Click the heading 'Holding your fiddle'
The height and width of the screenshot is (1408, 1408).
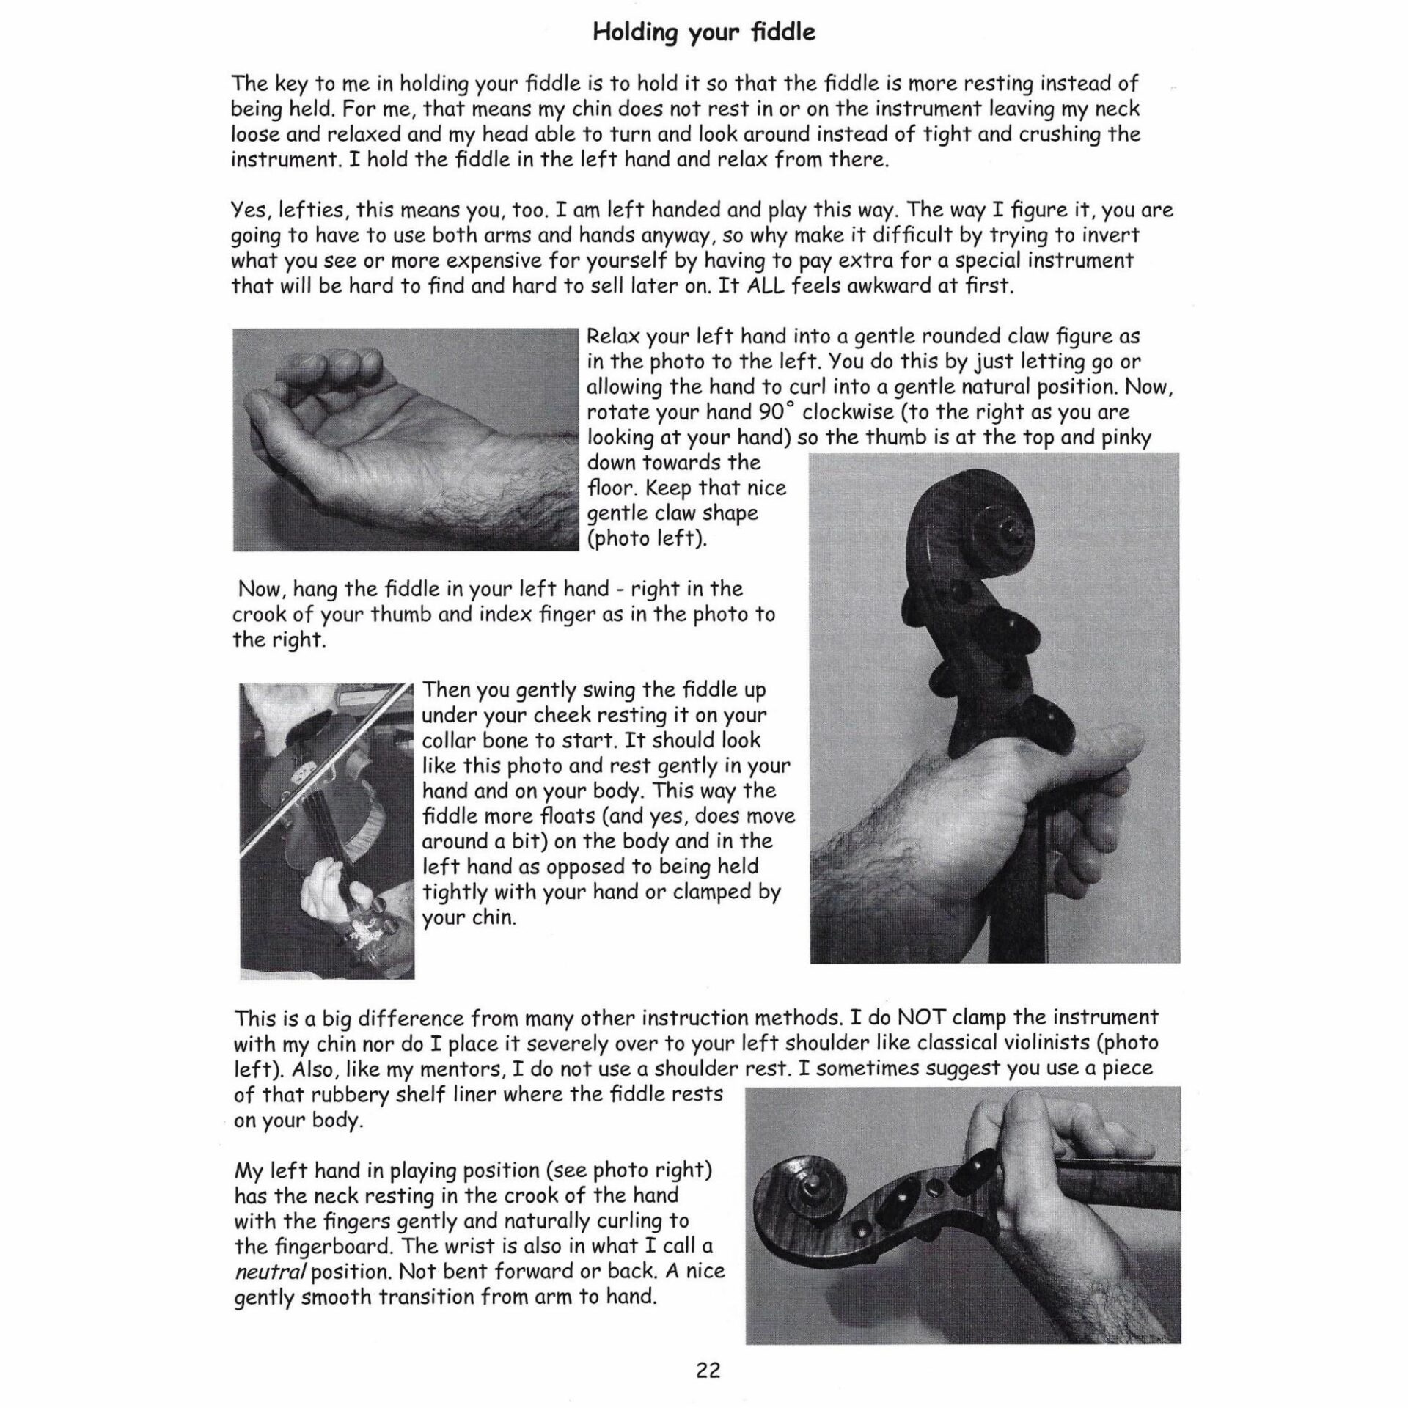(x=703, y=34)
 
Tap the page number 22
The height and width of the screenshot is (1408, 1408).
(x=708, y=1369)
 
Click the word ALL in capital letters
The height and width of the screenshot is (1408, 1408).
(x=768, y=285)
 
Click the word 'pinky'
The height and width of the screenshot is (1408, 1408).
(x=1126, y=437)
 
